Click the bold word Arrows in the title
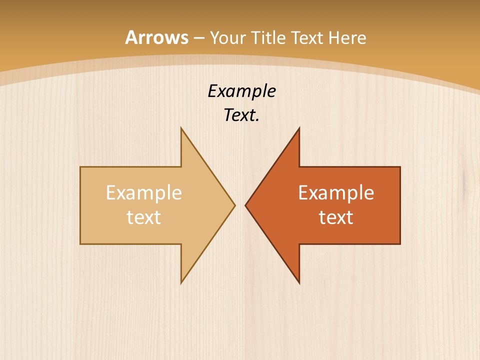(157, 37)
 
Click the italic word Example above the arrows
(241, 91)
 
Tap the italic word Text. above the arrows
(241, 115)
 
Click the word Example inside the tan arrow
(144, 193)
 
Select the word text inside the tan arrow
(144, 217)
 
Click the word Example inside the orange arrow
(336, 193)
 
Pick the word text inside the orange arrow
(336, 217)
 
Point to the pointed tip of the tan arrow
(235, 205)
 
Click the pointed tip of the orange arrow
(245, 205)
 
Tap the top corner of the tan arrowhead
(181, 128)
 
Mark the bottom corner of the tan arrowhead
(181, 283)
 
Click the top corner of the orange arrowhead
(299, 128)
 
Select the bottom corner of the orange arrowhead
(299, 283)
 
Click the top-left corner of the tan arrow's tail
(80, 167)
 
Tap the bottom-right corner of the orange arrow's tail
(400, 244)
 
